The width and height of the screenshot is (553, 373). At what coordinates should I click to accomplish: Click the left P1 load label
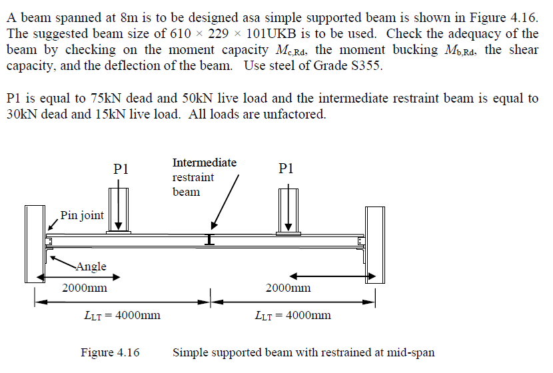tap(121, 169)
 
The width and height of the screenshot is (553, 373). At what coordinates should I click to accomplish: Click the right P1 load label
tap(285, 169)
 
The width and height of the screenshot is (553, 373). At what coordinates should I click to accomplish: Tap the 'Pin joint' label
tap(82, 215)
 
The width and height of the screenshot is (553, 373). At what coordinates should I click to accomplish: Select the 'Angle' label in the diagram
tap(91, 266)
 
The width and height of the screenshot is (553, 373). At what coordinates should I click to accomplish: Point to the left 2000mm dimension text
tap(85, 288)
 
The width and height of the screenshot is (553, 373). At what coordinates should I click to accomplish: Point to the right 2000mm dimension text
tap(288, 288)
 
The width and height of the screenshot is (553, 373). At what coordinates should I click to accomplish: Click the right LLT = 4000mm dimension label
tap(292, 315)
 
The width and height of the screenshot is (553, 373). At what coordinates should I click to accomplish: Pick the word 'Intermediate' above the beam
tap(204, 163)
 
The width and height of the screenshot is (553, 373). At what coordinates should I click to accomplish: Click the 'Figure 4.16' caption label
tap(110, 352)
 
